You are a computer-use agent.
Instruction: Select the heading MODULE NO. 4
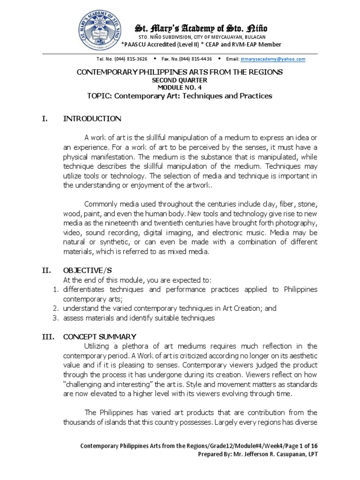180,88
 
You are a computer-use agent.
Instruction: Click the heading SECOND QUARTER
180,81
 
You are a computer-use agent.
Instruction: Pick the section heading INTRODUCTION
92,119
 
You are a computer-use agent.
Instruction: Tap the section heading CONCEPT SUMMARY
100,337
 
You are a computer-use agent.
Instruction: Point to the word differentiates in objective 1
84,289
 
